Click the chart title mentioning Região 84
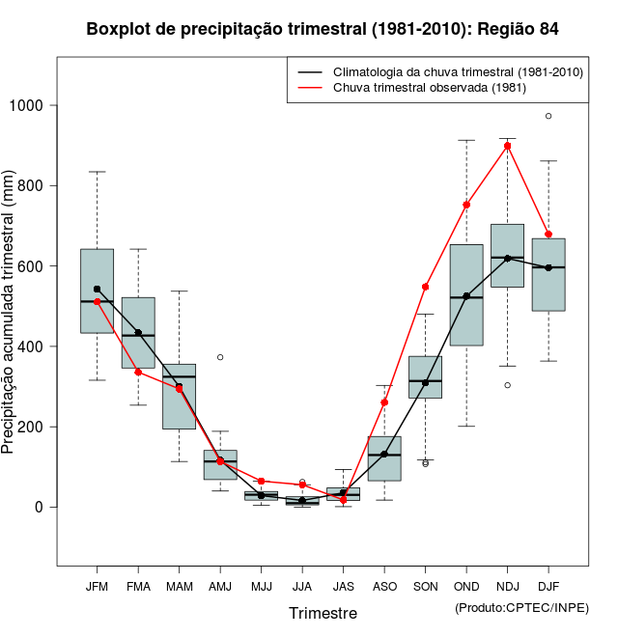click(x=323, y=29)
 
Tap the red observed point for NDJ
click(x=508, y=146)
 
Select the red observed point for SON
click(x=425, y=287)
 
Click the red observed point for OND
click(x=466, y=205)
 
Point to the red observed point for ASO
click(x=384, y=402)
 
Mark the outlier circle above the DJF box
click(x=548, y=116)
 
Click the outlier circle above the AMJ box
click(x=220, y=357)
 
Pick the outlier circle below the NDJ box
click(x=508, y=385)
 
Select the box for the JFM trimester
click(x=97, y=291)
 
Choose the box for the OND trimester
click(x=466, y=294)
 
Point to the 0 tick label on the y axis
click(x=38, y=507)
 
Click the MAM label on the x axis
click(x=180, y=587)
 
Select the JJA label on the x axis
click(x=302, y=587)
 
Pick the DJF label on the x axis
click(x=548, y=587)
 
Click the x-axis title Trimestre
click(x=323, y=613)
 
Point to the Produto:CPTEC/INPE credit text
click(x=521, y=607)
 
